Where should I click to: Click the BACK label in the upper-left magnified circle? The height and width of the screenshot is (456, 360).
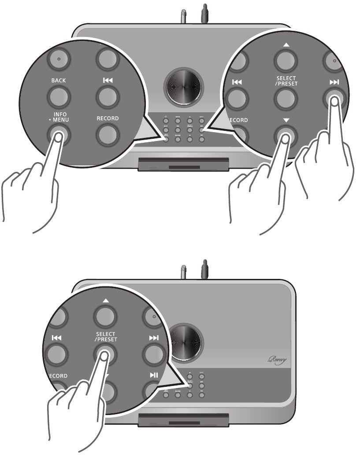point(58,82)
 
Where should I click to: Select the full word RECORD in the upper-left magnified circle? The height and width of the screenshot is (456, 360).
point(108,118)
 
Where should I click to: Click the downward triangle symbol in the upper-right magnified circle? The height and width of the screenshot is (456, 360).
point(283,119)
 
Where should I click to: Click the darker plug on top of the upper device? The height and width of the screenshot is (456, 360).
point(204,13)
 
